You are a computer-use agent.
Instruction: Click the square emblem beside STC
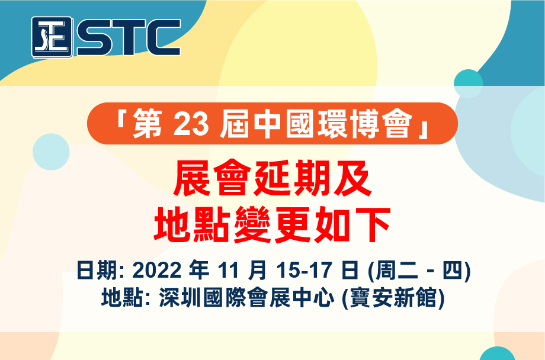52,37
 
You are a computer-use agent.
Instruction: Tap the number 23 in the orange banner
191,124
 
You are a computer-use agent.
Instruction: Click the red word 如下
352,224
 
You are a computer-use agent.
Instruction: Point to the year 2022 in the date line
157,270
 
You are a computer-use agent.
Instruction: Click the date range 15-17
302,270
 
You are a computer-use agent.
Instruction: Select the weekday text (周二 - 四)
419,270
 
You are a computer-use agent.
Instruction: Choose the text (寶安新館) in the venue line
393,298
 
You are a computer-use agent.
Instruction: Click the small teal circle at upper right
468,83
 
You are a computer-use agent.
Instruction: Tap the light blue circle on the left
51,152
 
